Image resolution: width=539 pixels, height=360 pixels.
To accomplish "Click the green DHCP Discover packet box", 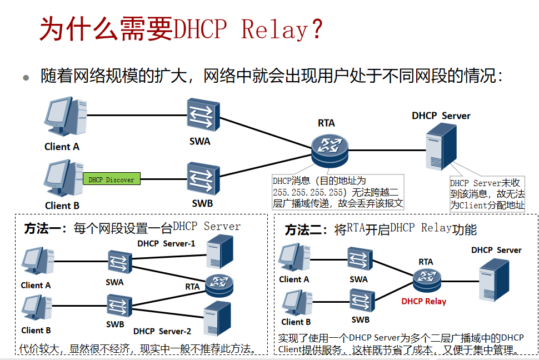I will pos(112,179).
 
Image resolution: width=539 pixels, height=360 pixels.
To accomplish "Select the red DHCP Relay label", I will pos(423,301).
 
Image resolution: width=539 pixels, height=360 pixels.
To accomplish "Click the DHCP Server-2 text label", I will pos(162,331).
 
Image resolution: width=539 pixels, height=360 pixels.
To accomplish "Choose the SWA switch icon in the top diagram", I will pos(202,116).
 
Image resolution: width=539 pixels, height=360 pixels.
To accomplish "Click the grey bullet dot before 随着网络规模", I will pos(26,78).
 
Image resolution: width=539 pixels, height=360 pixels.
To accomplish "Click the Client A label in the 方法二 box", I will pos(294,279).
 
